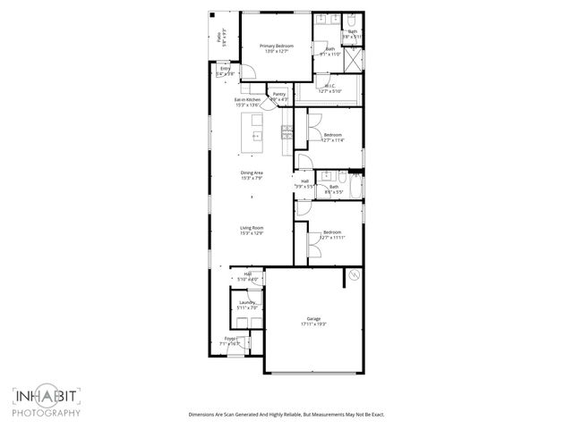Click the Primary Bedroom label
276,45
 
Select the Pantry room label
279,93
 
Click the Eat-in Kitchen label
247,99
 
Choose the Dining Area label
252,172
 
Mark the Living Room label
252,228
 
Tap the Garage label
313,319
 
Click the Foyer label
230,339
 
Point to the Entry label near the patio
225,68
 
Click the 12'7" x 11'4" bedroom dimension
331,140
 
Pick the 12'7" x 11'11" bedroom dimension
332,238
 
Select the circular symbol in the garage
353,276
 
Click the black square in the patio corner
213,15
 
